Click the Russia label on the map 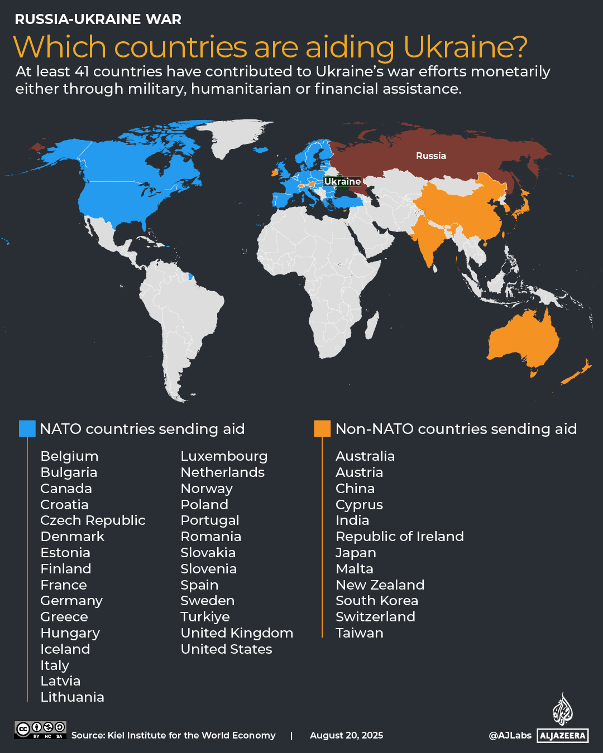430,156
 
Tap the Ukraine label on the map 342,182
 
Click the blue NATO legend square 27,428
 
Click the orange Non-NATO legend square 322,428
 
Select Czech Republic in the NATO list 93,520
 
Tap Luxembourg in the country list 224,456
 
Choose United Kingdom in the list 237,633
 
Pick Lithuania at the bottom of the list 72,697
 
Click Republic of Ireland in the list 400,537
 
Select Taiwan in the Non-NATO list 360,633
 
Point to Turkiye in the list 205,617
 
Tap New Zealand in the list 380,585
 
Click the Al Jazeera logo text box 562,736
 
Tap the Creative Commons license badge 40,730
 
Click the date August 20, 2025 347,736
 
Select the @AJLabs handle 510,736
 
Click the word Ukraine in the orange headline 465,47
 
